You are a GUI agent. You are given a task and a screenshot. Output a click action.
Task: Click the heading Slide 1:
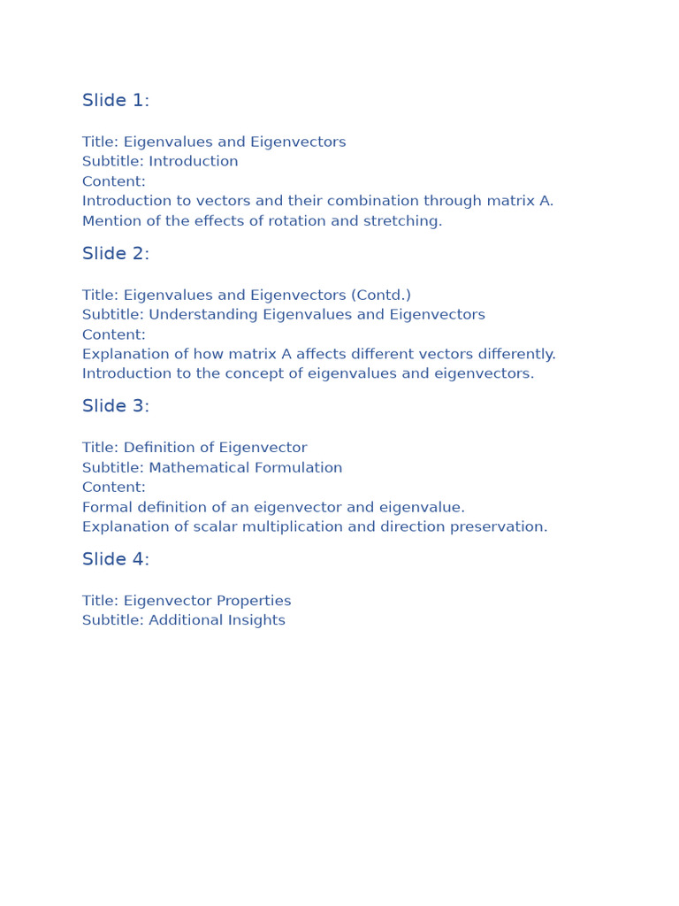click(116, 101)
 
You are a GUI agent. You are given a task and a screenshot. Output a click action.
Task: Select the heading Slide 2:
click(116, 254)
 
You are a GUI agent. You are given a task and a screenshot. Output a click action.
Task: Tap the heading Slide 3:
click(116, 407)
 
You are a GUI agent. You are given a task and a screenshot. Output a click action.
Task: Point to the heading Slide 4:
click(116, 560)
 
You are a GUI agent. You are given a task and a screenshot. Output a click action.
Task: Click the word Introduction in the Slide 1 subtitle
click(194, 162)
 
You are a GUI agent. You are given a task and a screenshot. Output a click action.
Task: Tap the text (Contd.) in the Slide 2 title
click(380, 296)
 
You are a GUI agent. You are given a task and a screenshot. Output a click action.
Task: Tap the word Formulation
click(301, 468)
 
